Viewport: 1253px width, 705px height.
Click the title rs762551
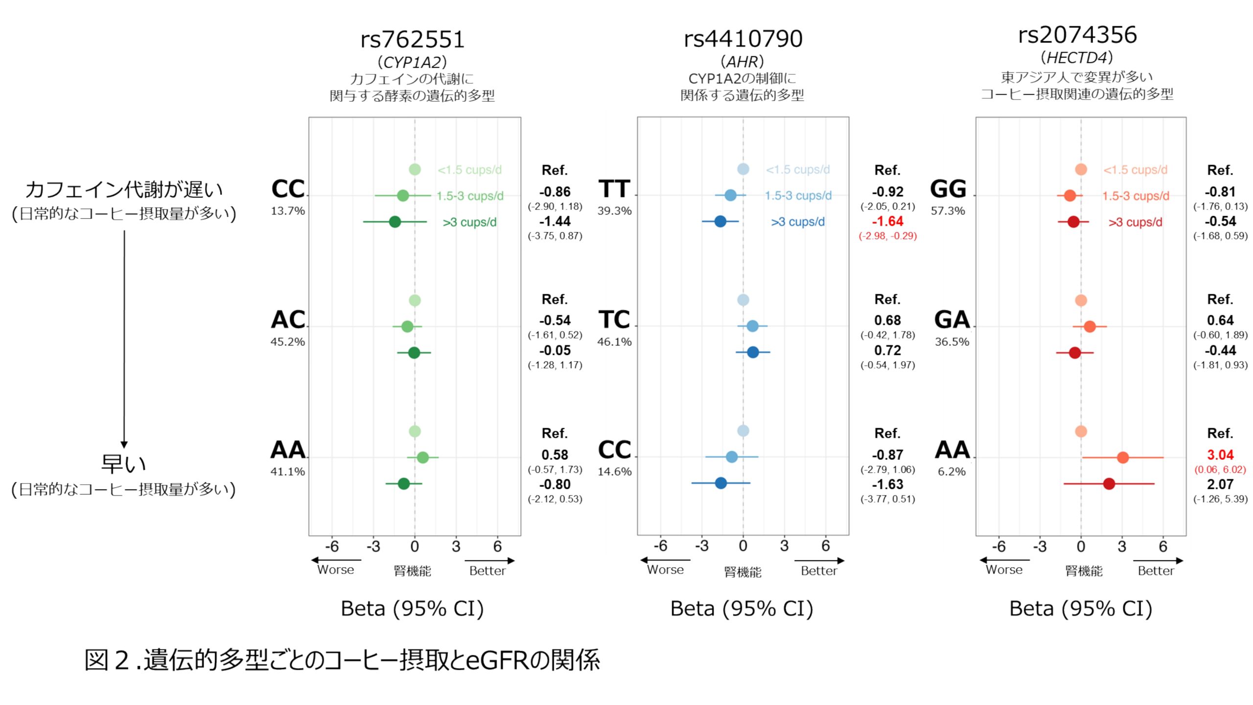(412, 39)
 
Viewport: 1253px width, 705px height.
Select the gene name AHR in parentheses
(742, 62)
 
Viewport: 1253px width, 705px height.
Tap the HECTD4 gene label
(1077, 58)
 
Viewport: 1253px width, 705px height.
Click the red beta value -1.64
(887, 221)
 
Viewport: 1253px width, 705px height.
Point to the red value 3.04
(1220, 455)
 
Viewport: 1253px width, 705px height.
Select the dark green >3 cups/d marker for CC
(395, 222)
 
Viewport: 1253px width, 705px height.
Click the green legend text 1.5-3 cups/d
(470, 196)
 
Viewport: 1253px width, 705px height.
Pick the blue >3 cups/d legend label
(798, 222)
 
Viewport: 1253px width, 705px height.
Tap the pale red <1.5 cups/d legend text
(1135, 170)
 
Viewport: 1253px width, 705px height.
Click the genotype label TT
(614, 189)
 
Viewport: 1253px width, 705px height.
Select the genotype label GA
(951, 320)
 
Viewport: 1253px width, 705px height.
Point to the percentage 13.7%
(288, 211)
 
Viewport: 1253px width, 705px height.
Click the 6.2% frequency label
(951, 471)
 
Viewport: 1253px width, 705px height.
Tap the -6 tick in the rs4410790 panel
(660, 546)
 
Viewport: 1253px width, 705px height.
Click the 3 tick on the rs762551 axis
(456, 546)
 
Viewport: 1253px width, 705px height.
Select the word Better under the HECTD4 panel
(1156, 571)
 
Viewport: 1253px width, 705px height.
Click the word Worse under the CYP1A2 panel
(335, 570)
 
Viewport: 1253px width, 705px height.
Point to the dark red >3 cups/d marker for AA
(1109, 484)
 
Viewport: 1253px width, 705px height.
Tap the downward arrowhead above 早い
(124, 444)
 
